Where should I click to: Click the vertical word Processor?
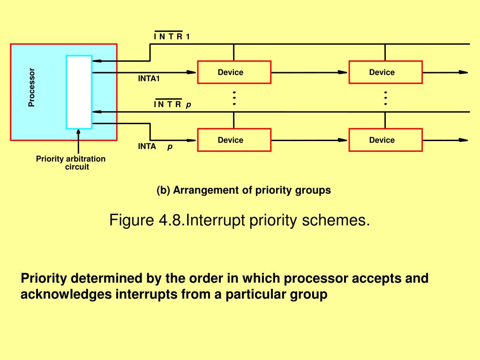tap(31, 88)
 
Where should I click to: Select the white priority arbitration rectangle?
tap(79, 92)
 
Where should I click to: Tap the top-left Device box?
tap(234, 72)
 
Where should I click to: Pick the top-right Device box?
tap(385, 72)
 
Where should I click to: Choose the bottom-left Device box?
tap(234, 140)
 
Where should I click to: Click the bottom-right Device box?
tap(385, 140)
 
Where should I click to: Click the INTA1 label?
tap(149, 78)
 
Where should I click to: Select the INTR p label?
tap(172, 105)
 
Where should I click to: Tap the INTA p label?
tap(155, 146)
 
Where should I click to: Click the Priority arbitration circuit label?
tap(71, 163)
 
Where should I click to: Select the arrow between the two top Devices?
tap(310, 72)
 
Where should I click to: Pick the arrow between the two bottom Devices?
tap(310, 140)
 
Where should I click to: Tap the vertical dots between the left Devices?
tap(234, 98)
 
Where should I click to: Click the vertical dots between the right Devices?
tap(385, 98)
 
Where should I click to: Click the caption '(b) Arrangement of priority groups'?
tap(244, 190)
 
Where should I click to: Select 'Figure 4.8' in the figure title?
tap(146, 219)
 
